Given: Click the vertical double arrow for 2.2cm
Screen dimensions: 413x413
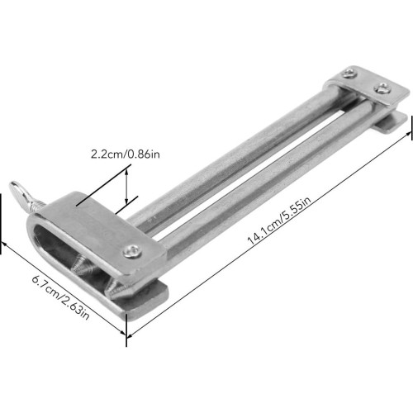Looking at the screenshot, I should pyautogui.click(x=126, y=186).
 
